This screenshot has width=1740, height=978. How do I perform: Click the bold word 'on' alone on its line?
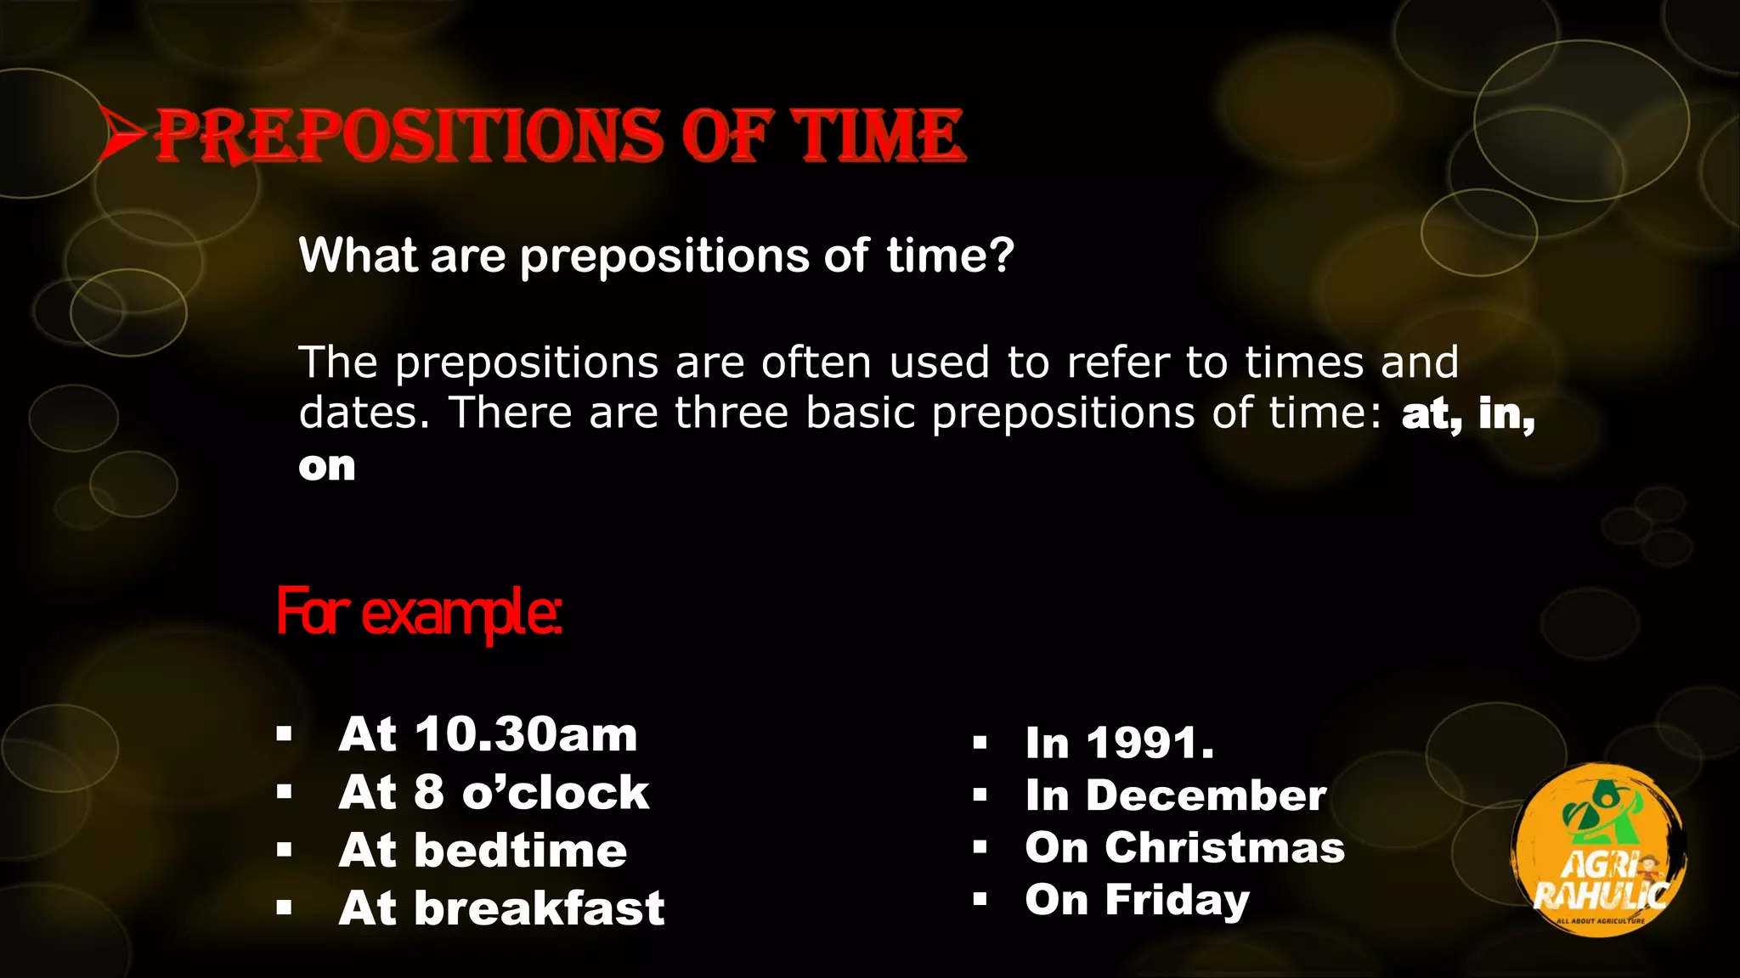tap(327, 466)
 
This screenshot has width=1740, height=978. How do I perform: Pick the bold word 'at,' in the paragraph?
tap(1433, 414)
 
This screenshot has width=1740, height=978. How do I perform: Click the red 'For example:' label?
tap(419, 612)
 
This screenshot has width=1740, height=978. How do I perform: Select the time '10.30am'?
tap(526, 734)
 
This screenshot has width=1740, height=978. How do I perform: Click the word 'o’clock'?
tap(556, 793)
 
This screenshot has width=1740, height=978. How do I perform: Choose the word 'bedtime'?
tap(520, 851)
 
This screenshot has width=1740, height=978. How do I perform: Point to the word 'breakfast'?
tap(539, 908)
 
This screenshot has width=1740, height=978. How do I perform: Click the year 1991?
tap(1150, 743)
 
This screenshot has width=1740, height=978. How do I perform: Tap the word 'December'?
tap(1206, 795)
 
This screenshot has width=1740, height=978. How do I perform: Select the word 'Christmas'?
tap(1224, 847)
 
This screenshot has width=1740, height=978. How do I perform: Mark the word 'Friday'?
tap(1177, 900)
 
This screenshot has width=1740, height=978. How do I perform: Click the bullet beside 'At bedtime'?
tap(284, 850)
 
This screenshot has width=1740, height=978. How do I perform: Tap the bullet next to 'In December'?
tap(980, 795)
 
